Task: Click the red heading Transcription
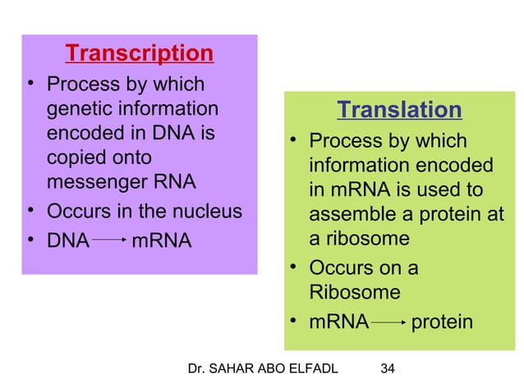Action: coord(139,54)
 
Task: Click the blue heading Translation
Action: coord(399,110)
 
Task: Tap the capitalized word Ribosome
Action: coord(343,293)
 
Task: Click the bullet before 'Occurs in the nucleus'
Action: coord(30,212)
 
